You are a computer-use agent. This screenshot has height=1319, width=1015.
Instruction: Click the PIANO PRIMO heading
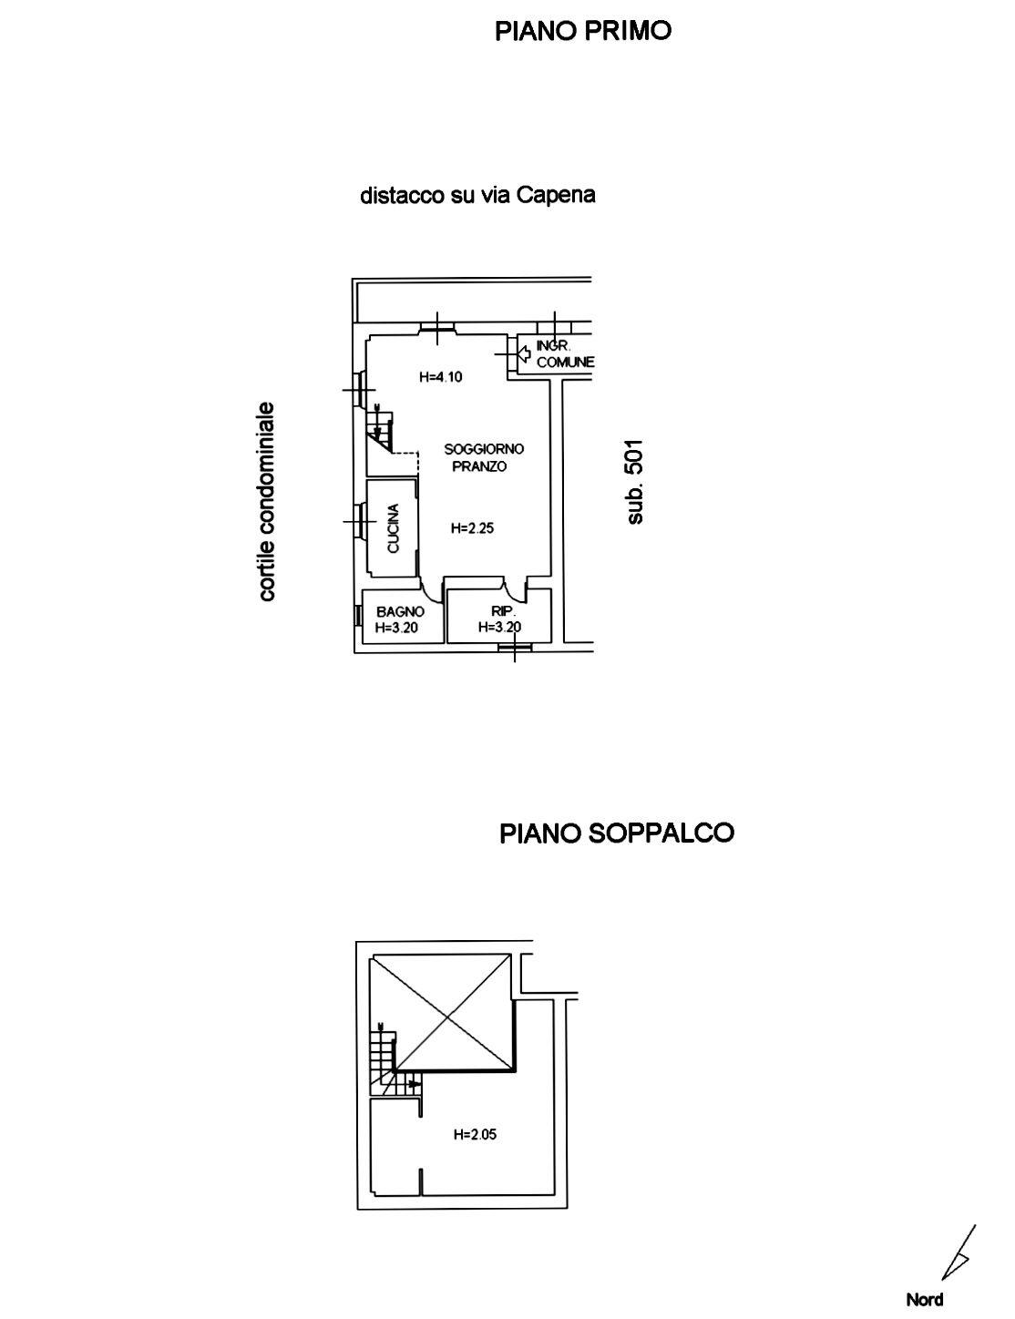[583, 31]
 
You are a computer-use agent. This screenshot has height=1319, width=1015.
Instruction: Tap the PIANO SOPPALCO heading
[616, 833]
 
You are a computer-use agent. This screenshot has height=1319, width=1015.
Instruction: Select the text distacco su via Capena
[477, 195]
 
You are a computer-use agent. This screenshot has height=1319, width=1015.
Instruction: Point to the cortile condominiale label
[266, 501]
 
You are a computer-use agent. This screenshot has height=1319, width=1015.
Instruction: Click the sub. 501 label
[634, 481]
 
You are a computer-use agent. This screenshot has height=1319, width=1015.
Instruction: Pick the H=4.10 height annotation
[441, 377]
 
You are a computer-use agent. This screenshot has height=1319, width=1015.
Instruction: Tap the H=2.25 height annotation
[472, 528]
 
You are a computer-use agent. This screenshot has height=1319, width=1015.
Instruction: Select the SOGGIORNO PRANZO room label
[483, 457]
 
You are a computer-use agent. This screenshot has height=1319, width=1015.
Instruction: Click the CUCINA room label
[394, 528]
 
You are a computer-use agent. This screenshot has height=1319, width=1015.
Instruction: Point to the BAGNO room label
[400, 611]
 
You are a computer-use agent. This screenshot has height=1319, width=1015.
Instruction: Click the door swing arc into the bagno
[430, 596]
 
